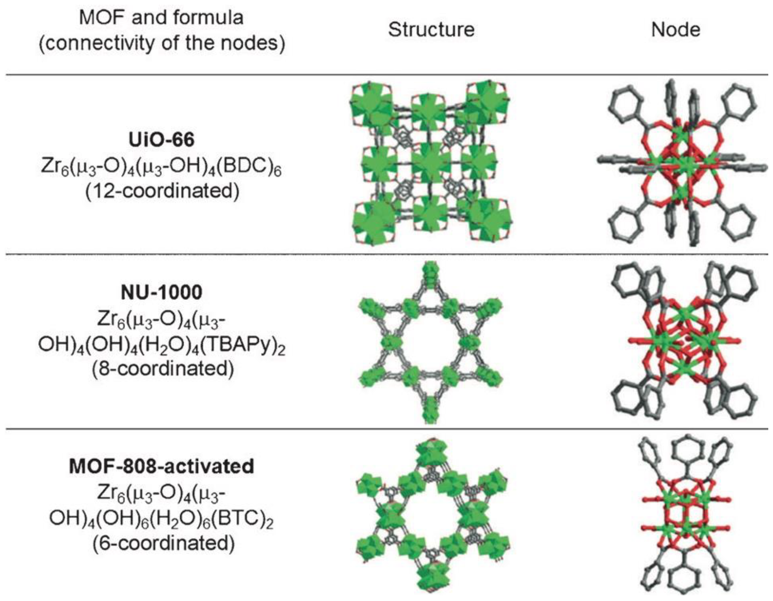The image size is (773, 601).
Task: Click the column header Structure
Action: click(x=431, y=30)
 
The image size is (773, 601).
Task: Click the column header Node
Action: click(x=675, y=30)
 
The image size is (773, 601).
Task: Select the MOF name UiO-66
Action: click(x=161, y=140)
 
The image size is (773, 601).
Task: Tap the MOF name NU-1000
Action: click(x=161, y=292)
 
